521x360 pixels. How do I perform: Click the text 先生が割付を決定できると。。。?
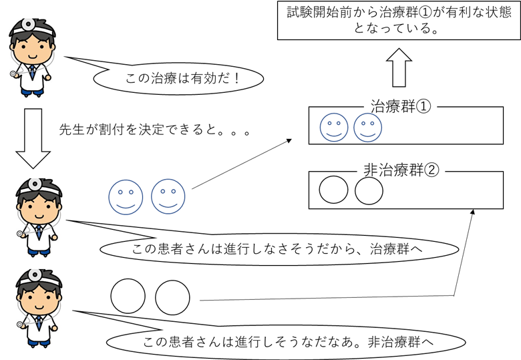pos(155,131)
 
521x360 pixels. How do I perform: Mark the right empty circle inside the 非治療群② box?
pos(368,190)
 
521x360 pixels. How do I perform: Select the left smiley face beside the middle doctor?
pos(125,196)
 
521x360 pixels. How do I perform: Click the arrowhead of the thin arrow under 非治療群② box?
pos(474,211)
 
